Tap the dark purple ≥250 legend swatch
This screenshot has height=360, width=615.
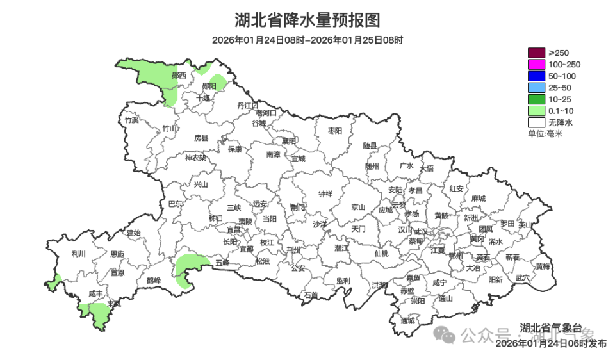click(x=536, y=53)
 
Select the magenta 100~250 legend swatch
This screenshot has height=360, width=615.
click(x=536, y=64)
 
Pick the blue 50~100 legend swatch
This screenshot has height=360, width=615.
click(x=536, y=76)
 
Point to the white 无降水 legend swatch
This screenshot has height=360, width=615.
click(x=536, y=122)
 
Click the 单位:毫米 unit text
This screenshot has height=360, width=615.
click(x=545, y=133)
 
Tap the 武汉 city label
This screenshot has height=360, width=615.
click(x=422, y=231)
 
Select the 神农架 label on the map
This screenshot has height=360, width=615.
click(x=195, y=158)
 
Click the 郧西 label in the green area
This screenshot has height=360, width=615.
click(x=179, y=75)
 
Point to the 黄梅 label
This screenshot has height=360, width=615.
click(x=543, y=266)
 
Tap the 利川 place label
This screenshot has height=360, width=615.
click(x=79, y=254)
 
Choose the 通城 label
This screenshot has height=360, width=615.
click(x=407, y=320)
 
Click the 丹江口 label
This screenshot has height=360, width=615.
click(x=247, y=104)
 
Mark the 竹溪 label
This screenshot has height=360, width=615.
click(x=132, y=120)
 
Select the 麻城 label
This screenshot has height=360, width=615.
click(x=478, y=199)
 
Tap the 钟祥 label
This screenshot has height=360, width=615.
click(x=325, y=194)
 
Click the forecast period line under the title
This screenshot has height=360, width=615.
click(x=307, y=40)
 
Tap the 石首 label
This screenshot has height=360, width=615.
click(x=311, y=295)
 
